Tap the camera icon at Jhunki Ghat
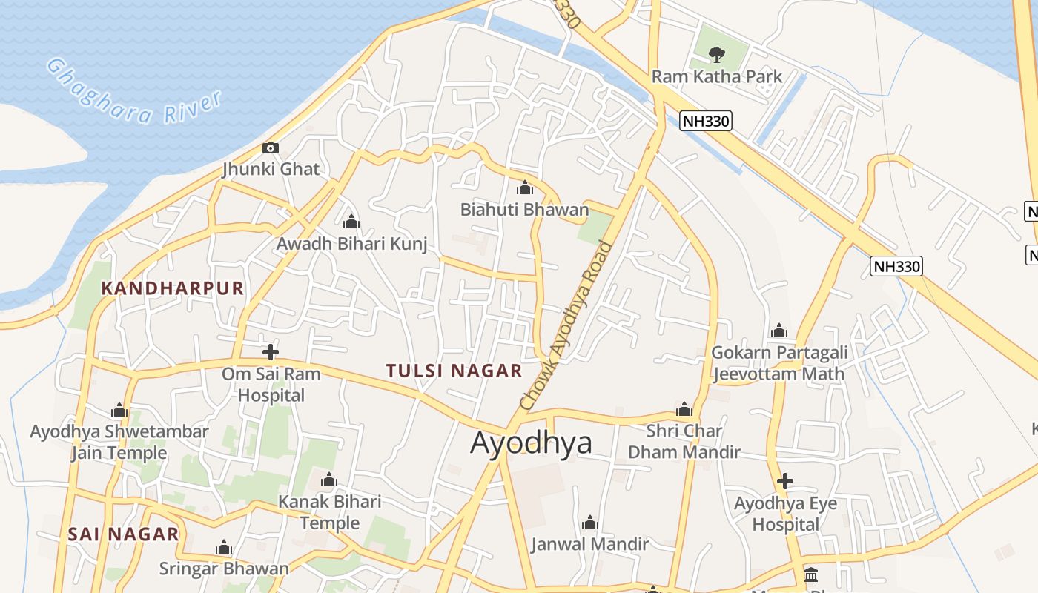coord(271,148)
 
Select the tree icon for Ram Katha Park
coord(716,53)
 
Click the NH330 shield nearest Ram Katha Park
coord(705,121)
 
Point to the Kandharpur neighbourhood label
coord(172,288)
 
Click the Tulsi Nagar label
coord(454,371)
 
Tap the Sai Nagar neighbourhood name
coord(123,534)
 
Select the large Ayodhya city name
coord(531,443)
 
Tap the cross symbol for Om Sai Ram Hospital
coord(271,352)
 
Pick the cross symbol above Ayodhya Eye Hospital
coord(785,481)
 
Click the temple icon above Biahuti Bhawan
coord(525,188)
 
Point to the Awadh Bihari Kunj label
coord(351,243)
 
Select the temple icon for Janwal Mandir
coord(590,523)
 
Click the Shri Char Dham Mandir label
coord(684,441)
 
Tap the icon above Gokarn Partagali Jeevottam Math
coord(778,331)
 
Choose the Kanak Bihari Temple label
coord(329,512)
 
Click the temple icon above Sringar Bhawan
coord(224,548)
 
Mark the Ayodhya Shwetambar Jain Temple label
coord(119,442)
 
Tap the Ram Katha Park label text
coord(716,76)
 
